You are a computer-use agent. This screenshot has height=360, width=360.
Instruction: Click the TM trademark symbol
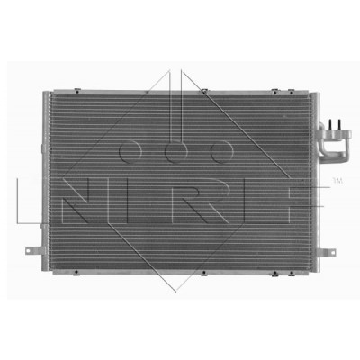click(338, 181)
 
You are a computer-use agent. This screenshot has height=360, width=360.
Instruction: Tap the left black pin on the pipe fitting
click(330, 124)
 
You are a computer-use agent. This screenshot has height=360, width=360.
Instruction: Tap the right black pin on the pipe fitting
click(339, 124)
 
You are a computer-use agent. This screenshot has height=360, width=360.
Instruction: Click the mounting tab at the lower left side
click(33, 250)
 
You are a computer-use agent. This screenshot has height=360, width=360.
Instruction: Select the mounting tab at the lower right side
click(327, 251)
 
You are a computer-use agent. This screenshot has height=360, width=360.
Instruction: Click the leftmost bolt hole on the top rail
click(77, 91)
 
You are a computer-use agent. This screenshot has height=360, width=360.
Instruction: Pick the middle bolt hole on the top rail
click(204, 92)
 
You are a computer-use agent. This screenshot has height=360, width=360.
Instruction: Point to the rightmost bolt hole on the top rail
click(291, 92)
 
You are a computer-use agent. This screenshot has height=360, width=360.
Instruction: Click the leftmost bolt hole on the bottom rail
click(76, 273)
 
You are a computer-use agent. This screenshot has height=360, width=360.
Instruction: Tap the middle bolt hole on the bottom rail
click(203, 273)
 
